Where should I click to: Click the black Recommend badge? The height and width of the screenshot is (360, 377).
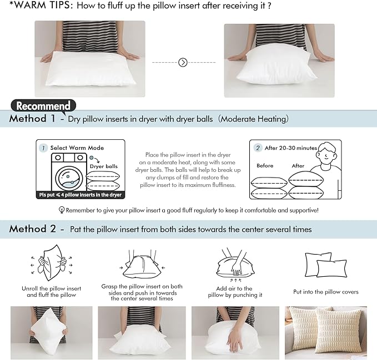43,105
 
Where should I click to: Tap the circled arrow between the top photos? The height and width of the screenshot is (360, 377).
183,63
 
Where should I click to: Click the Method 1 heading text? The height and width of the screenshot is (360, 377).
32,119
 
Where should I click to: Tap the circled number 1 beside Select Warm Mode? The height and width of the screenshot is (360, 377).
43,148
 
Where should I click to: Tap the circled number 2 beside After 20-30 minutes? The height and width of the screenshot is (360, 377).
258,148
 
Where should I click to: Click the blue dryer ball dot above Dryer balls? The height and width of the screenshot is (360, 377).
91,158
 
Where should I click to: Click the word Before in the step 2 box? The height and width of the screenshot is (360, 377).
265,166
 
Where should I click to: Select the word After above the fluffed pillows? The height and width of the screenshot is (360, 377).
298,166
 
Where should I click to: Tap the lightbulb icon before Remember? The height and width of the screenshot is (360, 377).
62,211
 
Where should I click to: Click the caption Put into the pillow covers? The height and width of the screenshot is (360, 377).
326,292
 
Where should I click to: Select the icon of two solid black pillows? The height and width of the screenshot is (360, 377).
326,264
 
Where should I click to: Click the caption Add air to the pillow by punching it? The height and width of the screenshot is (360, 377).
234,292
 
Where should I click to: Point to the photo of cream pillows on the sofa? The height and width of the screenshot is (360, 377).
326,332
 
